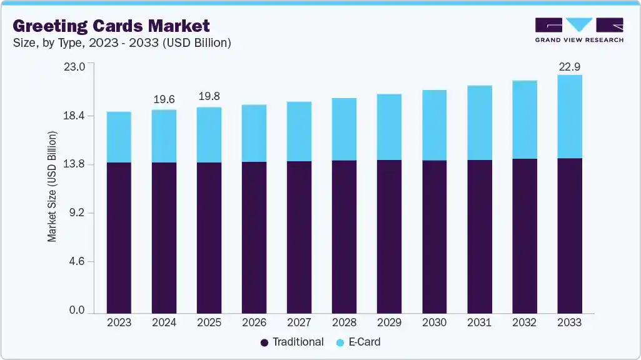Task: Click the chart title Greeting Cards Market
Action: [111, 26]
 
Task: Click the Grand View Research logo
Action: [579, 30]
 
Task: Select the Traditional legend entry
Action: [291, 342]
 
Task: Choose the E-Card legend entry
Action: [358, 342]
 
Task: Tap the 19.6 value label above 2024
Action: [164, 99]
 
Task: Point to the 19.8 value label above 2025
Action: [209, 97]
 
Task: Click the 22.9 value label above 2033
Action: [570, 65]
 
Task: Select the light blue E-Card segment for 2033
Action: [570, 117]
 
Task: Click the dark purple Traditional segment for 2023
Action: [119, 237]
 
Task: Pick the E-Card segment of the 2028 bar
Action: [344, 129]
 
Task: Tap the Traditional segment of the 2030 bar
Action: [434, 237]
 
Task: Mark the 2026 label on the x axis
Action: [254, 322]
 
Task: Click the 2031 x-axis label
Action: [479, 322]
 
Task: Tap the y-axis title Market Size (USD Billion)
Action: [53, 187]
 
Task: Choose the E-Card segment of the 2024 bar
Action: [164, 136]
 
